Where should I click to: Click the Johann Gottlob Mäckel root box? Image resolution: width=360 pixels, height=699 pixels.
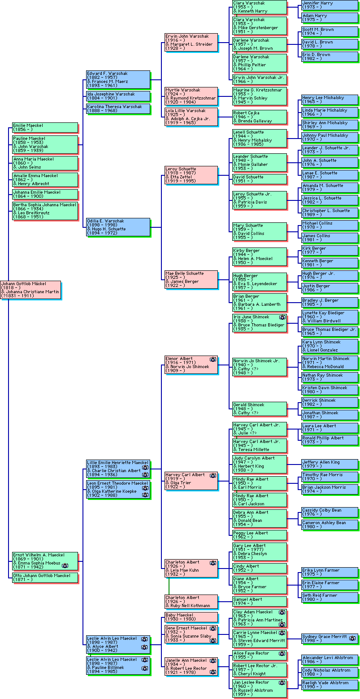(30, 290)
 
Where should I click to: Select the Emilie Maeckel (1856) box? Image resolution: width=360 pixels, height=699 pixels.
(45, 127)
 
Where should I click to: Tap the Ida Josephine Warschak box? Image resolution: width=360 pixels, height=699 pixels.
(118, 96)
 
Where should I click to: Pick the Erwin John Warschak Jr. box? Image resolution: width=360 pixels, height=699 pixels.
(259, 79)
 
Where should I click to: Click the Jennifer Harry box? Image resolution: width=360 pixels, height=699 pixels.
(330, 5)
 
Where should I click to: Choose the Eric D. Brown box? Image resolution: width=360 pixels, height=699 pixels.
(330, 56)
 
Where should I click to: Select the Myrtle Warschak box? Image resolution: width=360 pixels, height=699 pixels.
(191, 94)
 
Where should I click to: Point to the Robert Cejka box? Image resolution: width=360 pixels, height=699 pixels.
(259, 117)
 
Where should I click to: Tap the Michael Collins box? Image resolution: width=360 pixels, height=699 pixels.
(330, 225)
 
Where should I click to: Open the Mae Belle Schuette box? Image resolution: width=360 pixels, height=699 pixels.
(191, 279)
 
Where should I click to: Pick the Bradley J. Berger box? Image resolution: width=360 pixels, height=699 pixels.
(330, 302)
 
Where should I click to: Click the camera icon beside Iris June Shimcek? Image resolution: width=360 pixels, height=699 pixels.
(282, 317)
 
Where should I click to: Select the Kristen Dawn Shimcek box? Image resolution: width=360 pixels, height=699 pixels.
(330, 389)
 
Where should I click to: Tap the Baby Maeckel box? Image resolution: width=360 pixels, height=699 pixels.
(191, 617)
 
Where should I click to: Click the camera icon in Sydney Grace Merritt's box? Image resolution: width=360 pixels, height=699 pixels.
(352, 638)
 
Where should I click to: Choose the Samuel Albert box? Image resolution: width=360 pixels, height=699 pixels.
(259, 601)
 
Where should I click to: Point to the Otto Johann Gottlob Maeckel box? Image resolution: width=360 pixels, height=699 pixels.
(45, 577)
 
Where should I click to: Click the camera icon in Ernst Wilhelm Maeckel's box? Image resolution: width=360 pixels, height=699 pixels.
(65, 566)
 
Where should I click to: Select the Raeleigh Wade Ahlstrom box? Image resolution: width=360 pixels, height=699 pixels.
(330, 685)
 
